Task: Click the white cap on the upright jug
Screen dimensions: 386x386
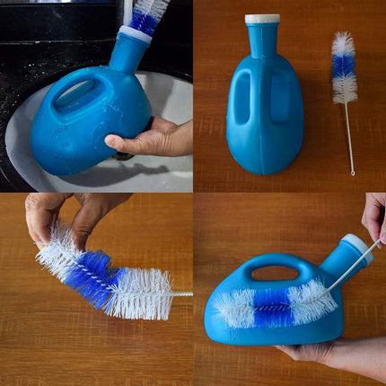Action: tap(262, 19)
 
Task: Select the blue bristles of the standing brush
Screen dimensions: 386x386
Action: tap(343, 65)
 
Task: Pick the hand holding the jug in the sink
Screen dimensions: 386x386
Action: tap(153, 138)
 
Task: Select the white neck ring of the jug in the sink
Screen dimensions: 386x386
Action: tap(135, 34)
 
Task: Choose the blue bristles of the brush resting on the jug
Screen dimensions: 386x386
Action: tap(273, 306)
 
